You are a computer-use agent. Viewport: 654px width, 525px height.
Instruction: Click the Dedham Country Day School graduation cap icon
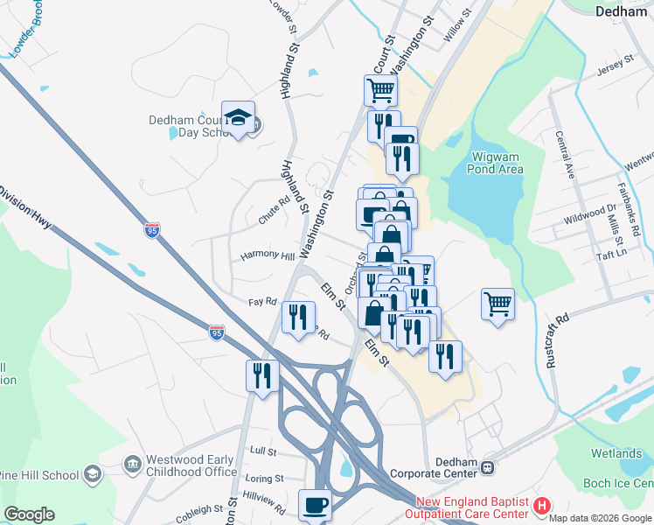pos(237,118)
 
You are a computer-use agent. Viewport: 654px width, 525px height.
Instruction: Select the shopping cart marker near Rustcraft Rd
pos(497,305)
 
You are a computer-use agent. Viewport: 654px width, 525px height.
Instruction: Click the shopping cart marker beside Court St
pos(380,90)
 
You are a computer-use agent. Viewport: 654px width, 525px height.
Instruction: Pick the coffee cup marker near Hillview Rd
pos(315,505)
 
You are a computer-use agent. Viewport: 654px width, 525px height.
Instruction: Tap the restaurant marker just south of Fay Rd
pos(297,317)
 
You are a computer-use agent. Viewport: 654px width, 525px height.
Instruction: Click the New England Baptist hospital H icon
pos(542,505)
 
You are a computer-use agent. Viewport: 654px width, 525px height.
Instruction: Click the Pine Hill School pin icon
pos(92,474)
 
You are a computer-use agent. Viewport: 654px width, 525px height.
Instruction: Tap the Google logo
pos(29,514)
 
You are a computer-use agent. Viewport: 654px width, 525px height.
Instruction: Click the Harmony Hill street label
pos(268,255)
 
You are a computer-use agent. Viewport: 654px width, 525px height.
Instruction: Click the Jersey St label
pos(615,63)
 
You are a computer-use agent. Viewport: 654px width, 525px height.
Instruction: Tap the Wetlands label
pos(616,453)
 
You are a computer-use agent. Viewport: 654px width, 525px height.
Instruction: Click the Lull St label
pos(262,451)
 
